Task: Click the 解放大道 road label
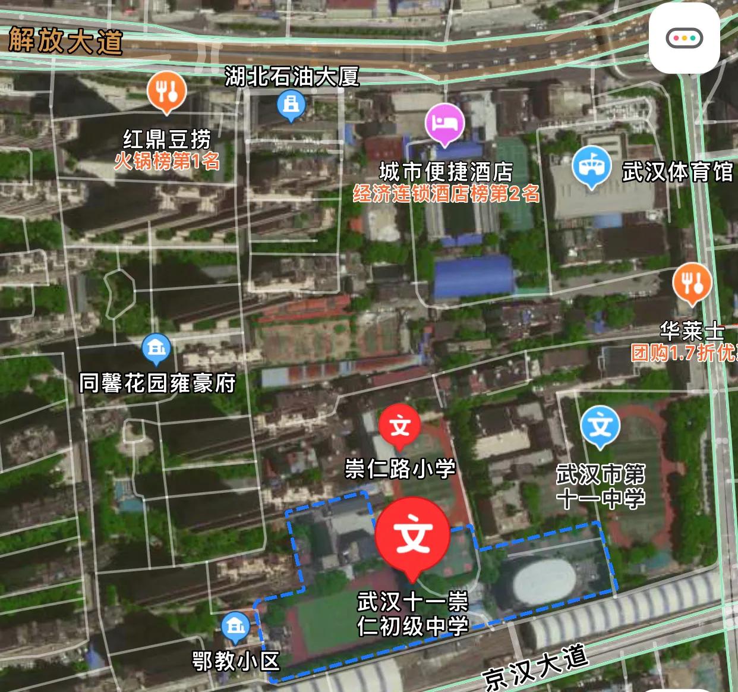point(66,41)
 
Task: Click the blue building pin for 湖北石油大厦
point(291,106)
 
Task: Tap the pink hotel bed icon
point(444,123)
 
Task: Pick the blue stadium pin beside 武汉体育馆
point(592,166)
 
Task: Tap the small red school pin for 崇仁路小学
point(400,426)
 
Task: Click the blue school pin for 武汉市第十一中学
point(601,426)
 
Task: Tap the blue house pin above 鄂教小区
point(236,627)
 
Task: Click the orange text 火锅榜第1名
point(167,161)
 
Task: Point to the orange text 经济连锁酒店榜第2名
point(446,193)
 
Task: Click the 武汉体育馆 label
point(677,172)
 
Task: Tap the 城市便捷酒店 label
point(446,172)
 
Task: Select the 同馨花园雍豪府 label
point(157,383)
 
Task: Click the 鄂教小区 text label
point(236,660)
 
